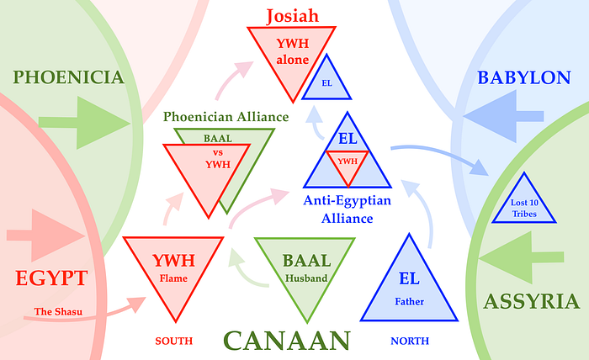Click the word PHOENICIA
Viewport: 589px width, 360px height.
tap(69, 78)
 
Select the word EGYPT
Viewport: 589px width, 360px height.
tap(50, 278)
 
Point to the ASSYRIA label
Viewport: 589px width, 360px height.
tap(530, 301)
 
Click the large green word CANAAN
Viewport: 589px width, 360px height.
tap(286, 341)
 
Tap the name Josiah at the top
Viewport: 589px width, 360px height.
tap(291, 15)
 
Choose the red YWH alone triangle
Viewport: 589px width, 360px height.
tap(291, 55)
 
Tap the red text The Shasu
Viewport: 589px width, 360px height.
tap(56, 312)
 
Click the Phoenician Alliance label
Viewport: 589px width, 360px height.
tap(226, 117)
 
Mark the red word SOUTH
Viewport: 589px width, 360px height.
tap(174, 341)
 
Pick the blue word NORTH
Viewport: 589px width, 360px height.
tap(410, 341)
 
